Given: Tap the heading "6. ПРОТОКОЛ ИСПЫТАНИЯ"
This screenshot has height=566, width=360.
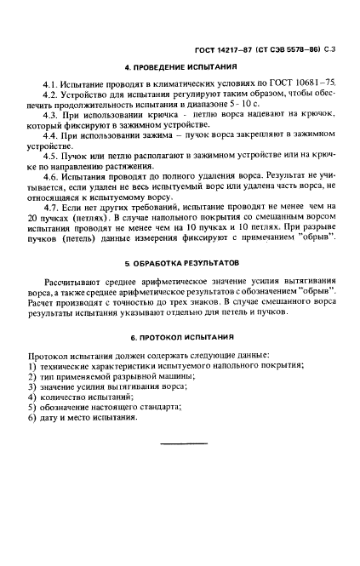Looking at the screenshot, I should click(180, 337).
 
